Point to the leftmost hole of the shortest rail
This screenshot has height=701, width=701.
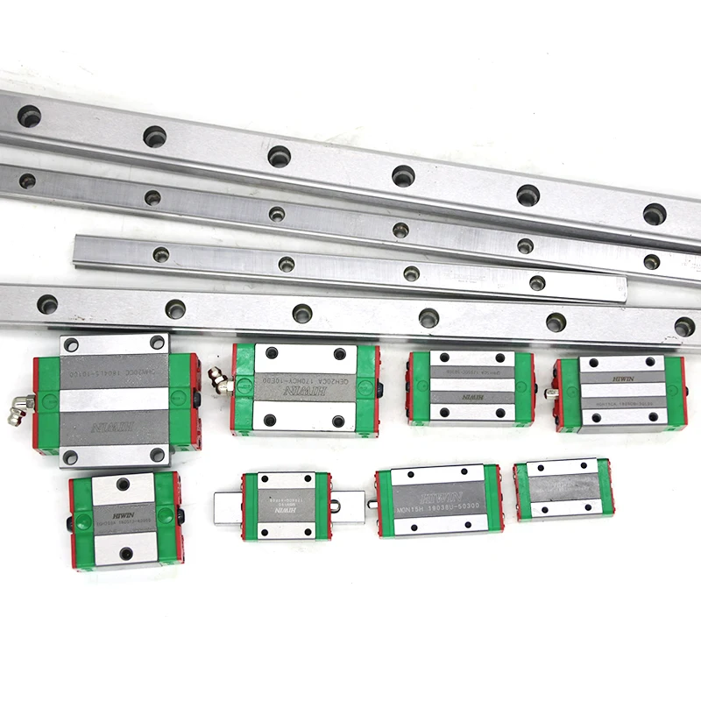point(160,254)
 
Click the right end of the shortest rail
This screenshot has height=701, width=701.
point(623,289)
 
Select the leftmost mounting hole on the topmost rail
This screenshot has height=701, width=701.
point(29,115)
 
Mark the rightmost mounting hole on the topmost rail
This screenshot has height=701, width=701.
point(654,213)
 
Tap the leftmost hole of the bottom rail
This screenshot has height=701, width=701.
point(47,304)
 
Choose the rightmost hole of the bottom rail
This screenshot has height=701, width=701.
point(684,326)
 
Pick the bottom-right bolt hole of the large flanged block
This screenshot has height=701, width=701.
point(158,454)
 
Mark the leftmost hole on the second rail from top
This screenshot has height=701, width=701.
point(27,181)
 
